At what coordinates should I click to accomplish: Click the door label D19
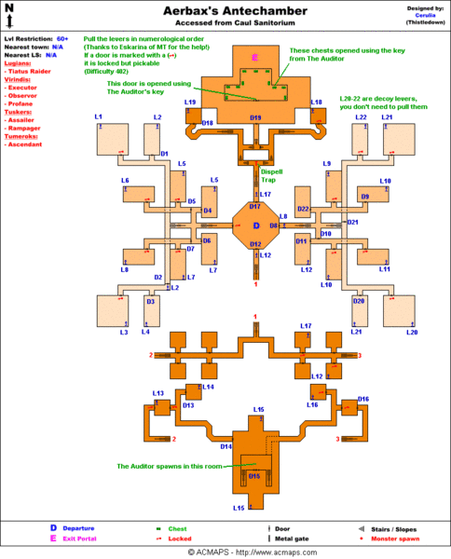click(255, 118)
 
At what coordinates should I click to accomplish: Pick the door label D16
click(363, 399)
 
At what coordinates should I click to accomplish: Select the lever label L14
click(207, 386)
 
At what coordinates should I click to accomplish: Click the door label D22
click(303, 210)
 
